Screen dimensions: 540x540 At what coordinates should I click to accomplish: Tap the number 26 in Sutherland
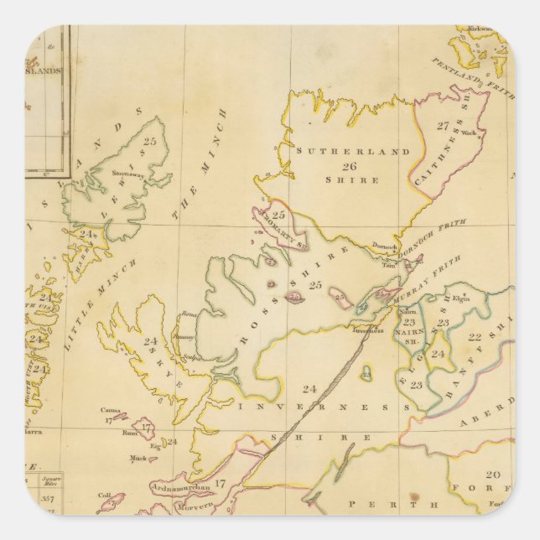click(339, 167)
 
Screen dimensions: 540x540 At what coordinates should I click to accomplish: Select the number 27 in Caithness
click(443, 126)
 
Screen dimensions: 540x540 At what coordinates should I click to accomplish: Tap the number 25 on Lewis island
click(150, 143)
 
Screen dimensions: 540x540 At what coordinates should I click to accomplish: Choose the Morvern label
click(196, 507)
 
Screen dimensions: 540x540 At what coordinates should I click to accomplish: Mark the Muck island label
click(138, 458)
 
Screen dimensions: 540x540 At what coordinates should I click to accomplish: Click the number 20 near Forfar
click(494, 474)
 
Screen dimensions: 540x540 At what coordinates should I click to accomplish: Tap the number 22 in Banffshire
click(474, 336)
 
